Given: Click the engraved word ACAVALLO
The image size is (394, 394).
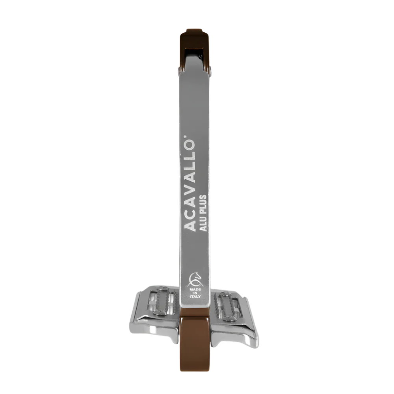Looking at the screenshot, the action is coord(190,185).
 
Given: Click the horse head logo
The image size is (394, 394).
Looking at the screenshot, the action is coord(195,279).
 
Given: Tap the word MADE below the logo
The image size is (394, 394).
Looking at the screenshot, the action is coord(195,290).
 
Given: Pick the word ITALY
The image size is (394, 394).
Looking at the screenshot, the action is coord(195,297).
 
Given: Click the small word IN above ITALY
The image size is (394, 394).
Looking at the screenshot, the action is coord(195,293).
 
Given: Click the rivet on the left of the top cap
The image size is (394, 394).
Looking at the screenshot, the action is coord(178,70).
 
